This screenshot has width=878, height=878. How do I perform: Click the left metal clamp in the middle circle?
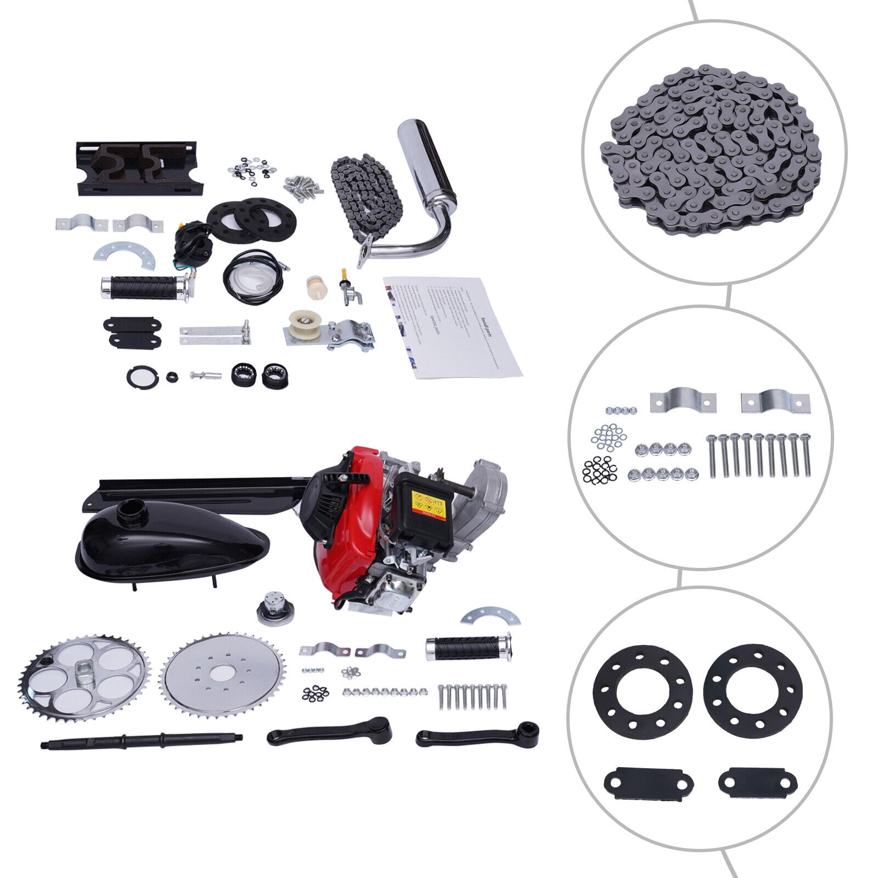click(x=683, y=402)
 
